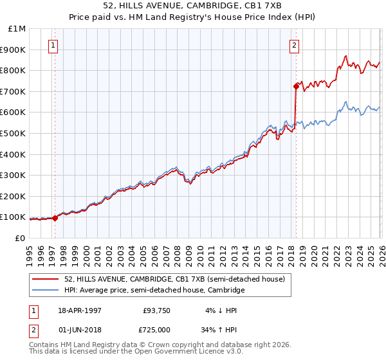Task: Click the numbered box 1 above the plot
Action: (x=52, y=45)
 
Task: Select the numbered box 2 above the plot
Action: (x=294, y=45)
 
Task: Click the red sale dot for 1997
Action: (x=55, y=218)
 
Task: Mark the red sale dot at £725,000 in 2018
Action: (x=296, y=85)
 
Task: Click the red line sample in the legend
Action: (x=46, y=279)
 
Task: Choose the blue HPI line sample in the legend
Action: (x=46, y=291)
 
